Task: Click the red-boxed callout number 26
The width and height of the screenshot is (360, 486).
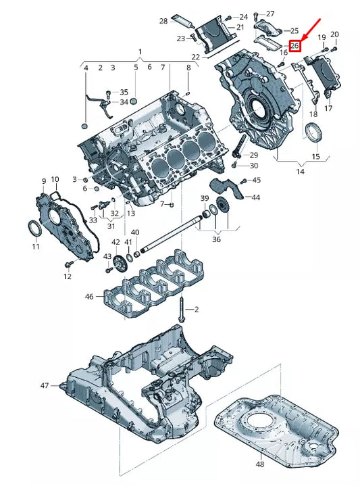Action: coord(294,46)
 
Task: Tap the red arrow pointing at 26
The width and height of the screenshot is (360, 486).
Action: coord(311,30)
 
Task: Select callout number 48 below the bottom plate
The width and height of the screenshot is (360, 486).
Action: coord(260,464)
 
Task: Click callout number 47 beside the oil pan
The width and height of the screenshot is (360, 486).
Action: coord(45,385)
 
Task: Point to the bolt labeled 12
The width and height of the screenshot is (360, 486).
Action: coord(68,264)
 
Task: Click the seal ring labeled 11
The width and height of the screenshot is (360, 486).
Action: coord(34,229)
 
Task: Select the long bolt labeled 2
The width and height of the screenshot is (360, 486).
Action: coord(181,310)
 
